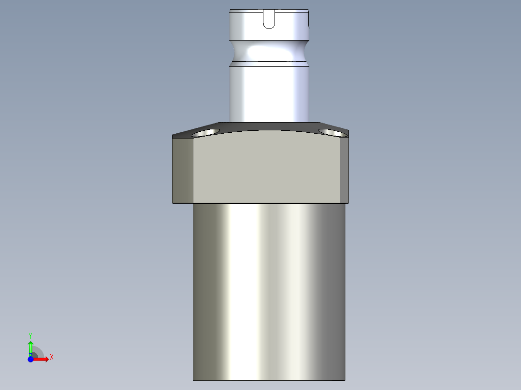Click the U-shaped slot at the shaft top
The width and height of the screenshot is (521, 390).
[x=269, y=19]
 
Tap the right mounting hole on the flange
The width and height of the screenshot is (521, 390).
[x=332, y=132]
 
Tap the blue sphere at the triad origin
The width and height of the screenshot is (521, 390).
[x=30, y=360]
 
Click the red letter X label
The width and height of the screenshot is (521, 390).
[x=52, y=357]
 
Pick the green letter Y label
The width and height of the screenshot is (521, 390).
[x=30, y=335]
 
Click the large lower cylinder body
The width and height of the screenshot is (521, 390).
[x=269, y=290]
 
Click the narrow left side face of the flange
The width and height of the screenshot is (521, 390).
[x=183, y=169]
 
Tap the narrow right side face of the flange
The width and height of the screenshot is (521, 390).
[x=344, y=169]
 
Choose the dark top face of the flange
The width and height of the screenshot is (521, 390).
[x=269, y=126]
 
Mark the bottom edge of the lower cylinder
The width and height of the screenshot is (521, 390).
[x=269, y=379]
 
